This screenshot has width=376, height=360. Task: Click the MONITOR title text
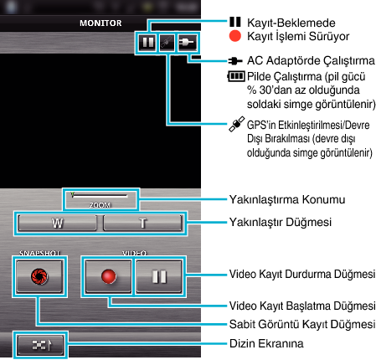pos(100,23)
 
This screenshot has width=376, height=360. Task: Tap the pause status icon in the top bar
pos(147,43)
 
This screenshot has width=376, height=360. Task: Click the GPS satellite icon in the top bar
pos(167,43)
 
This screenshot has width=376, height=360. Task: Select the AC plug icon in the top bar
pos(187,43)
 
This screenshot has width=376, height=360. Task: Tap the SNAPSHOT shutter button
pos(39,276)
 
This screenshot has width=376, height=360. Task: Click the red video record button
pos(108,276)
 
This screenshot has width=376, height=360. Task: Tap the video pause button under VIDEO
pos(159,276)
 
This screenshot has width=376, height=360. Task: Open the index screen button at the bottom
pos(40,345)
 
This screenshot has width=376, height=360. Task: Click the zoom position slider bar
pos(100,196)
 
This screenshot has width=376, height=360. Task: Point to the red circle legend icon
pos(235,36)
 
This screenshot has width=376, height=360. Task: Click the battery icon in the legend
pos(236,76)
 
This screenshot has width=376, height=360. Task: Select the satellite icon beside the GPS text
pos(237,124)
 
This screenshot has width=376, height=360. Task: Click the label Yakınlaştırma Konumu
pos(287,199)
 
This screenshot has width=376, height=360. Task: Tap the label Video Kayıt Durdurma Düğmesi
pos(302,274)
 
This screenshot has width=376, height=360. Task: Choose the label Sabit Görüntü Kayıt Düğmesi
pos(302,324)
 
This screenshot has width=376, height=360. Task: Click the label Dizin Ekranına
pos(266,343)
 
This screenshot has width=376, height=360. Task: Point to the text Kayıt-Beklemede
pos(291,23)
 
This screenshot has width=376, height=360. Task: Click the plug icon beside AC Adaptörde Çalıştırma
pos(235,61)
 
